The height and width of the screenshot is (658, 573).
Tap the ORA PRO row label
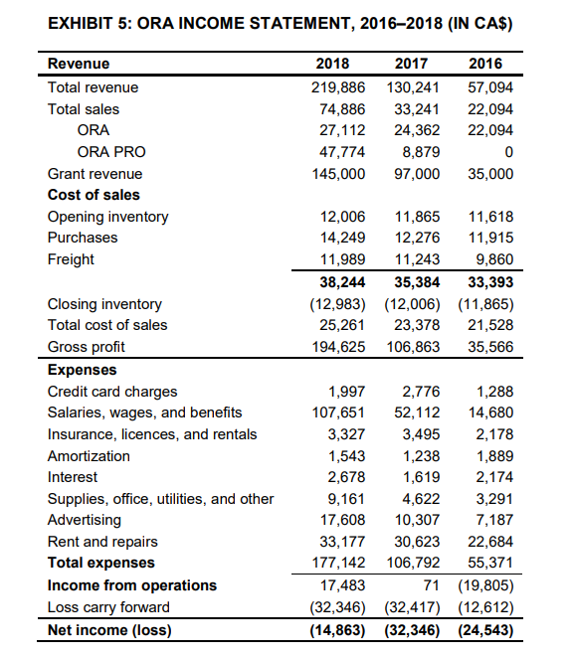(110, 151)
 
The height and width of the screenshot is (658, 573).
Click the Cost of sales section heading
(94, 195)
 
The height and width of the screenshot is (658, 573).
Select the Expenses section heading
(82, 369)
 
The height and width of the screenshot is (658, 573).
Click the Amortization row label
(89, 455)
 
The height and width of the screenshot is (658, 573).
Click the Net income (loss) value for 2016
(487, 630)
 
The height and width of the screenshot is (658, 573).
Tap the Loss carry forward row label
(108, 607)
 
